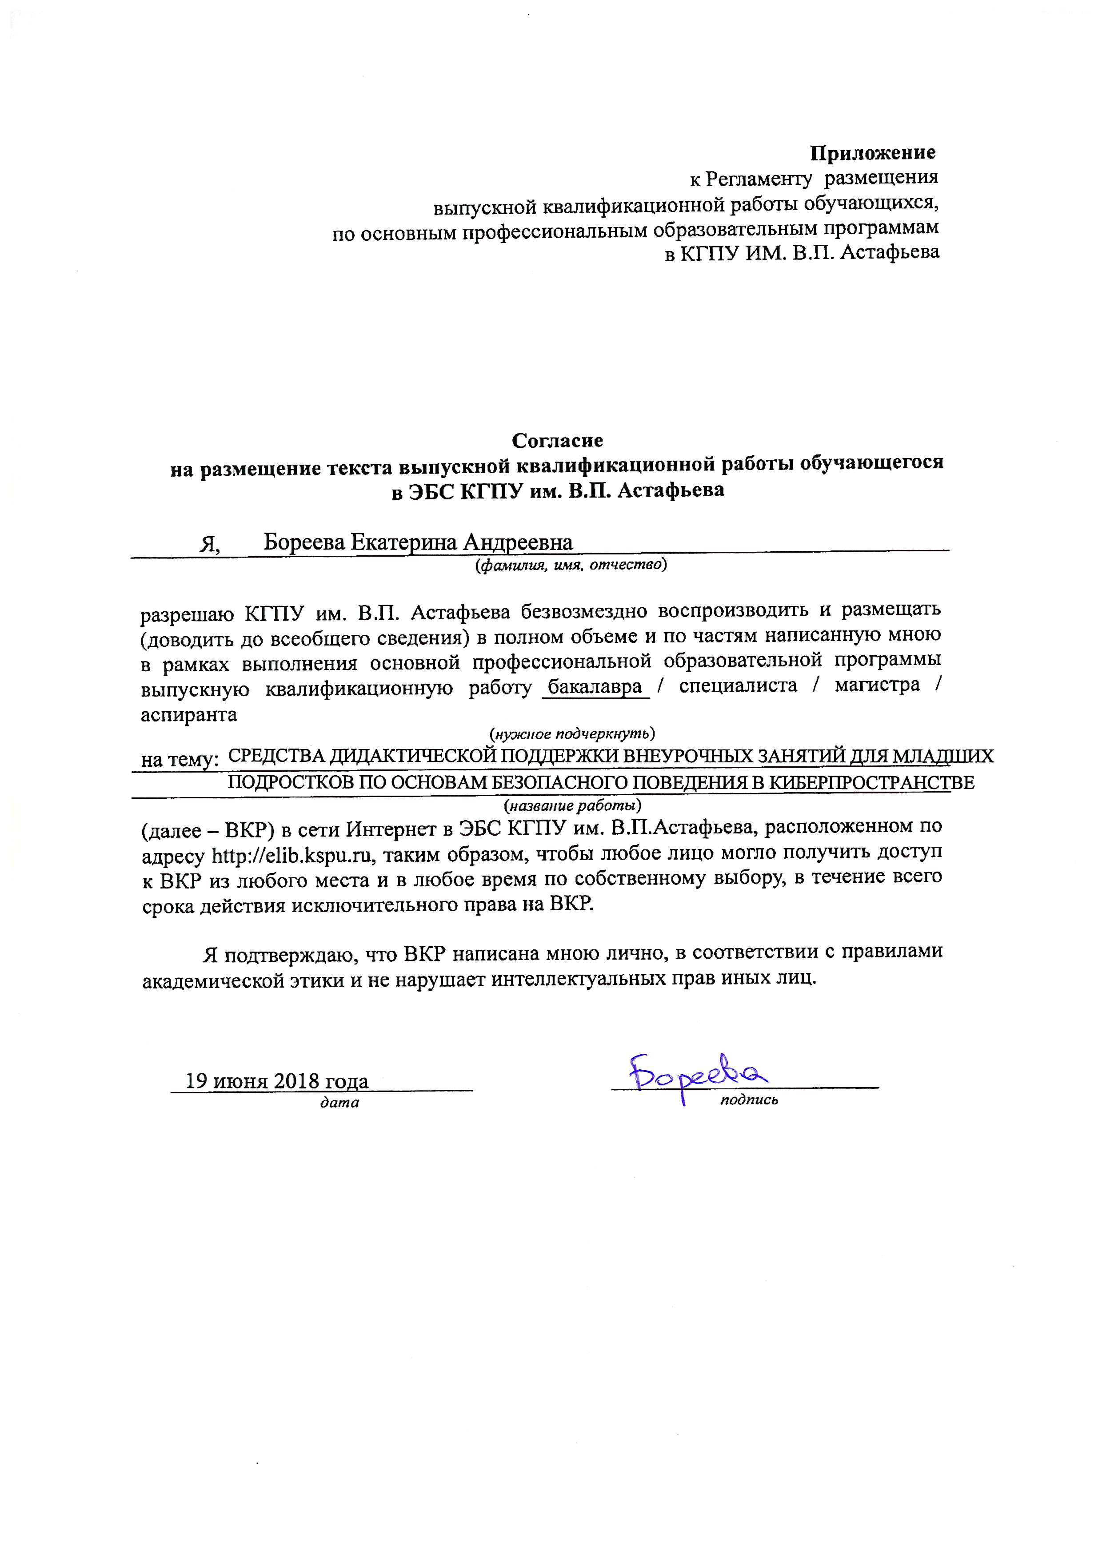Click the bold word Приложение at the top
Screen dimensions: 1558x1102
tap(873, 153)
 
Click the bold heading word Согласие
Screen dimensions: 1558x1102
tap(557, 441)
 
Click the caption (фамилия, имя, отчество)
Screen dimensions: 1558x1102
tap(571, 565)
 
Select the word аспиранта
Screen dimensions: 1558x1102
tap(189, 714)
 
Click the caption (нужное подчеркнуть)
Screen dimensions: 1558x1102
tap(572, 733)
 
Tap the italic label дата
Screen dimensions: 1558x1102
tap(339, 1103)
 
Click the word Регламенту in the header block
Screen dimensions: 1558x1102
tap(758, 179)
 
